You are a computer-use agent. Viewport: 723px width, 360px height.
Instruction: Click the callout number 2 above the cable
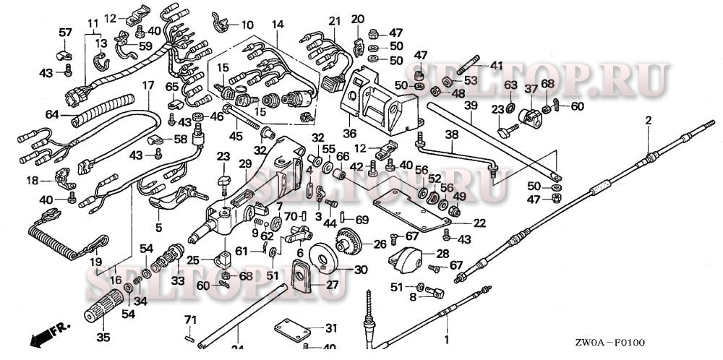[x=648, y=120]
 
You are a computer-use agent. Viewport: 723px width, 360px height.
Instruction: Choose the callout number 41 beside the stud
[x=496, y=66]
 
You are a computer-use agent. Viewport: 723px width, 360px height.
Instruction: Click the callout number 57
[x=65, y=33]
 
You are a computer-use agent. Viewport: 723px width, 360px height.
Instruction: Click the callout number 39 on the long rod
[x=470, y=106]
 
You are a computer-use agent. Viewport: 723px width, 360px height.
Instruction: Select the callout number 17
[x=147, y=85]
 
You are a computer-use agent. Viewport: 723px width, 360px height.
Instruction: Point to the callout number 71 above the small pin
[x=190, y=320]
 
